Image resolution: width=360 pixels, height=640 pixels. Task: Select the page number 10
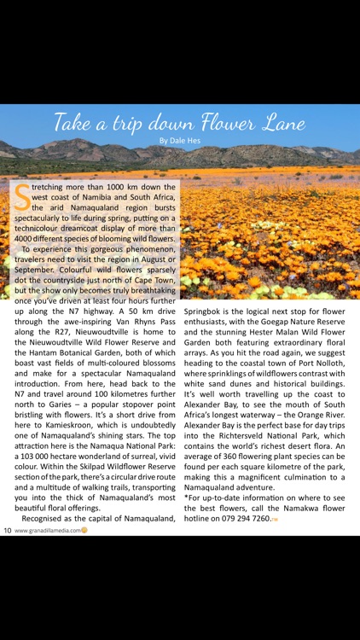click(x=6, y=530)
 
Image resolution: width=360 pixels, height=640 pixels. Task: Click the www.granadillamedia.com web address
click(x=47, y=530)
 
